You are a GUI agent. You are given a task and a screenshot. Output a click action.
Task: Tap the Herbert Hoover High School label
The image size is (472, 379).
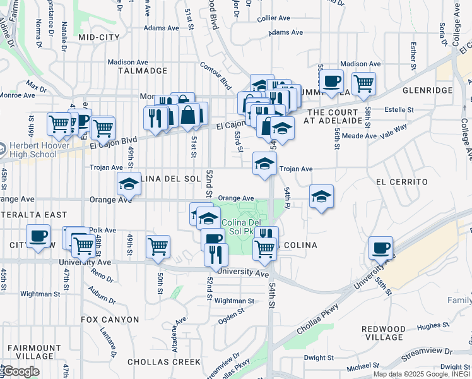[38, 149]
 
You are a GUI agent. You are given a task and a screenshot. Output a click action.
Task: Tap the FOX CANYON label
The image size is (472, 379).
[110, 320]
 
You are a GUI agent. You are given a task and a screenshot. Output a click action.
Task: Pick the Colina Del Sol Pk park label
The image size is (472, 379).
[242, 227]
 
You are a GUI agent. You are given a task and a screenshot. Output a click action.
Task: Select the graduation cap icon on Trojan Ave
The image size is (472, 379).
[264, 163]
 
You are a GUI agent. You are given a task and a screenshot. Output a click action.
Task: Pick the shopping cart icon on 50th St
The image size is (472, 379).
[158, 247]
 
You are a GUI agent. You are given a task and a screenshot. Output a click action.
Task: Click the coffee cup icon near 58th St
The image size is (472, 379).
[381, 248]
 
